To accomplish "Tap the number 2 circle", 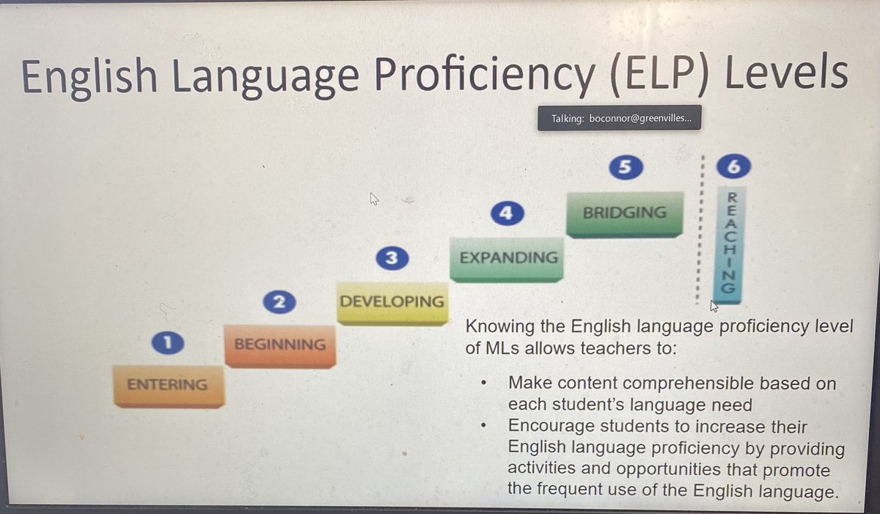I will [279, 301].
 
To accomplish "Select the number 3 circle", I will [391, 258].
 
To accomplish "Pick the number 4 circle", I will [507, 213].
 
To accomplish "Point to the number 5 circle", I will [625, 167].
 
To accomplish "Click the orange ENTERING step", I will [168, 384].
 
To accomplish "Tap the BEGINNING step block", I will [279, 344].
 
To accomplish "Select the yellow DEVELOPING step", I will [392, 301].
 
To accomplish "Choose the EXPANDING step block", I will [507, 258].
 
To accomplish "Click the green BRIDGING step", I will [624, 213].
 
